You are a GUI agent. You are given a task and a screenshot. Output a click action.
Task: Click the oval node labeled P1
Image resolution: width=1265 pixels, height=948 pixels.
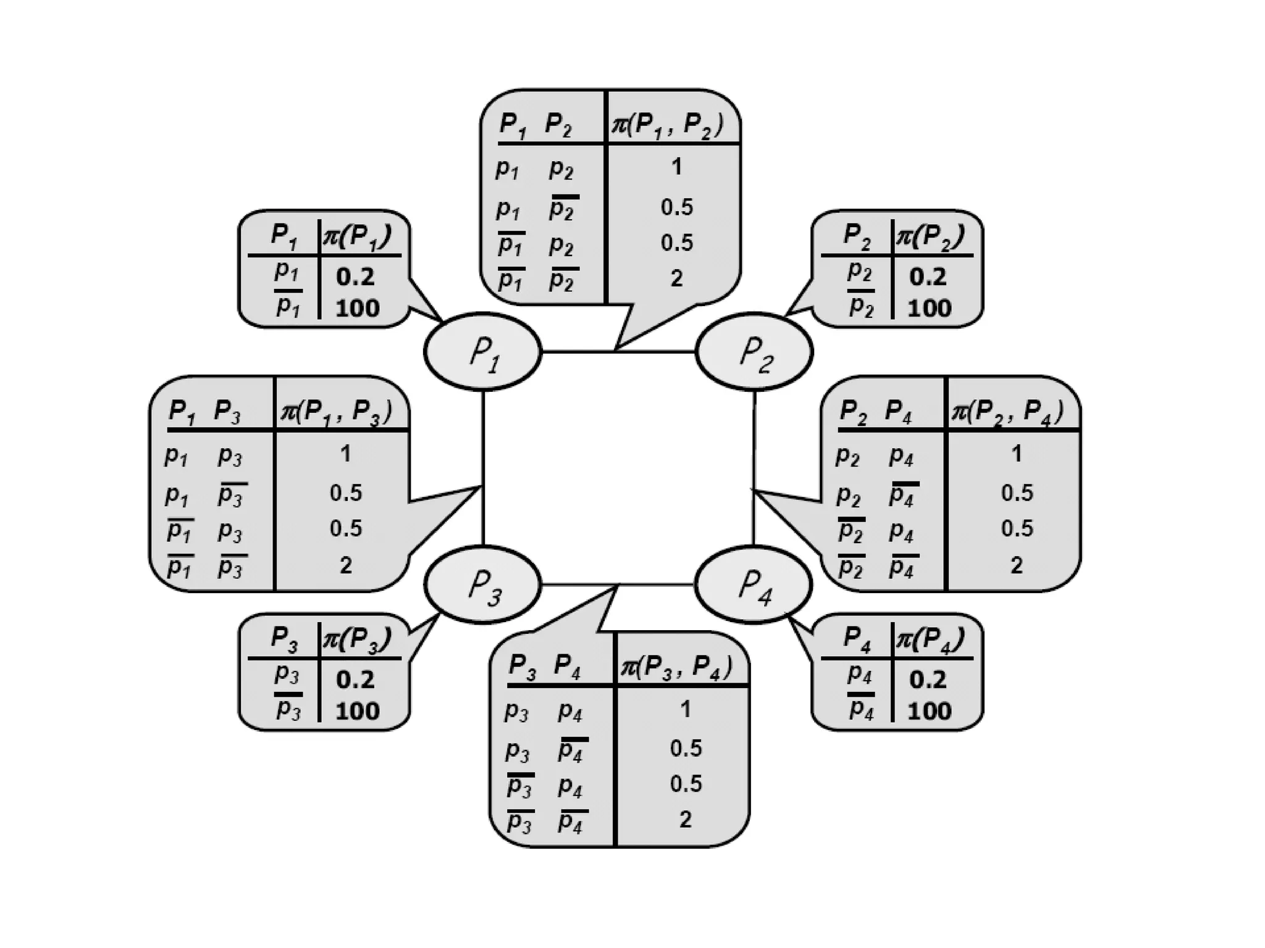482,352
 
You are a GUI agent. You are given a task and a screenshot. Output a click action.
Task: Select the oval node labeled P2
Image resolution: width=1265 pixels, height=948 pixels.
754,352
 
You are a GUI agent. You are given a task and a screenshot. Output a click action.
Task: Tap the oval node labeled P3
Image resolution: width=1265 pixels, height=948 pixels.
482,584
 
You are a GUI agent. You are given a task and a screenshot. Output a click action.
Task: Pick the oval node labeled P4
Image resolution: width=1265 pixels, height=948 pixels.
754,584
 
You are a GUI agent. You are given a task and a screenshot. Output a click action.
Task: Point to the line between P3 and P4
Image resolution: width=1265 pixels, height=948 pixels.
655,584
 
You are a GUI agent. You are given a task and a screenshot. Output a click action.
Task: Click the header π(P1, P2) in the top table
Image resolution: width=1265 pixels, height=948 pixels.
667,125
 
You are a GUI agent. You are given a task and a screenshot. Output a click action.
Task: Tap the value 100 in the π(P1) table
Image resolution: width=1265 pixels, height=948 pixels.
357,308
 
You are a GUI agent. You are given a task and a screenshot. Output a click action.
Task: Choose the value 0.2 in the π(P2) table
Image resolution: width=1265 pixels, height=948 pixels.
928,276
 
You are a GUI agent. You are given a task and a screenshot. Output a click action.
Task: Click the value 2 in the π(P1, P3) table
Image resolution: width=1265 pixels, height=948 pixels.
346,565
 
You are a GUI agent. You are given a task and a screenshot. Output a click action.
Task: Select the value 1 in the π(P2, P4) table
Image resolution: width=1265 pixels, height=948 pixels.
1017,454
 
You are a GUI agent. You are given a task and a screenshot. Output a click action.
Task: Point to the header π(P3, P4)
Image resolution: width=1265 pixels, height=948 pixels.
676,667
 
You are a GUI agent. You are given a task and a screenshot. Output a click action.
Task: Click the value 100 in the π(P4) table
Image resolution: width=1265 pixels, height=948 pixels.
929,711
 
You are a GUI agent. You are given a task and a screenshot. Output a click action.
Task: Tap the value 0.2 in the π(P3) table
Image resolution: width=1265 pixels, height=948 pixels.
356,680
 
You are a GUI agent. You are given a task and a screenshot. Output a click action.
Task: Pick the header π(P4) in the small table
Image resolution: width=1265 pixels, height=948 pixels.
930,639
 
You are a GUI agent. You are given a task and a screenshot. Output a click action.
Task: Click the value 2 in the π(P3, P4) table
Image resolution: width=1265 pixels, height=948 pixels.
685,819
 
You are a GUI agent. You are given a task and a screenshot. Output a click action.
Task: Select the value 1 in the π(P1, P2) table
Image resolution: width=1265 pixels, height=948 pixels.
676,167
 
